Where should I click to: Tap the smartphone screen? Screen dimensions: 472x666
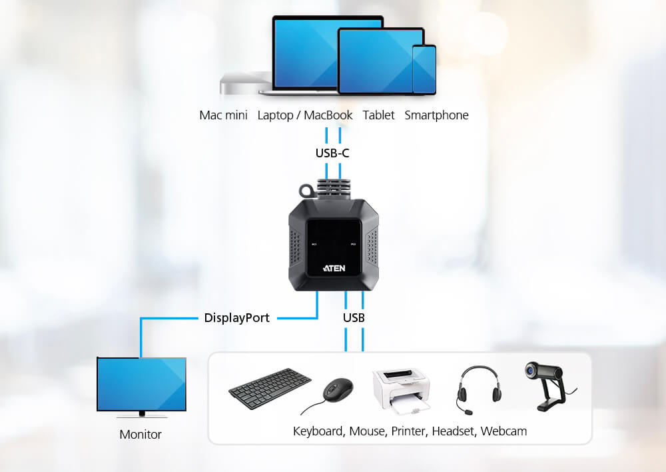click(424, 69)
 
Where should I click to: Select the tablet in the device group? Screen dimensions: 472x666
click(373, 60)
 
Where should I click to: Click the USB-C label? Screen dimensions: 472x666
click(332, 153)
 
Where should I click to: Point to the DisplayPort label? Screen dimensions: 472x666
click(237, 318)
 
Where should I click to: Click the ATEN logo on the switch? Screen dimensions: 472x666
click(333, 269)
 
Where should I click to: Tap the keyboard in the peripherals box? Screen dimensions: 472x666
click(270, 389)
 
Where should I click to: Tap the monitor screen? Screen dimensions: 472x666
click(141, 385)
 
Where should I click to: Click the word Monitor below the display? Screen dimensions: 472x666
click(141, 435)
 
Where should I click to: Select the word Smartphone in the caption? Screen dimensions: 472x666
click(436, 115)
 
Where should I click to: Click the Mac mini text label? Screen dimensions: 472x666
click(223, 115)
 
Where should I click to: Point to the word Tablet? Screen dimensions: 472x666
click(378, 115)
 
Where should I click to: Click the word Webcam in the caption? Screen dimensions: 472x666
click(503, 431)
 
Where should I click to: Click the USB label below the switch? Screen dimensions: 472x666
click(354, 318)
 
